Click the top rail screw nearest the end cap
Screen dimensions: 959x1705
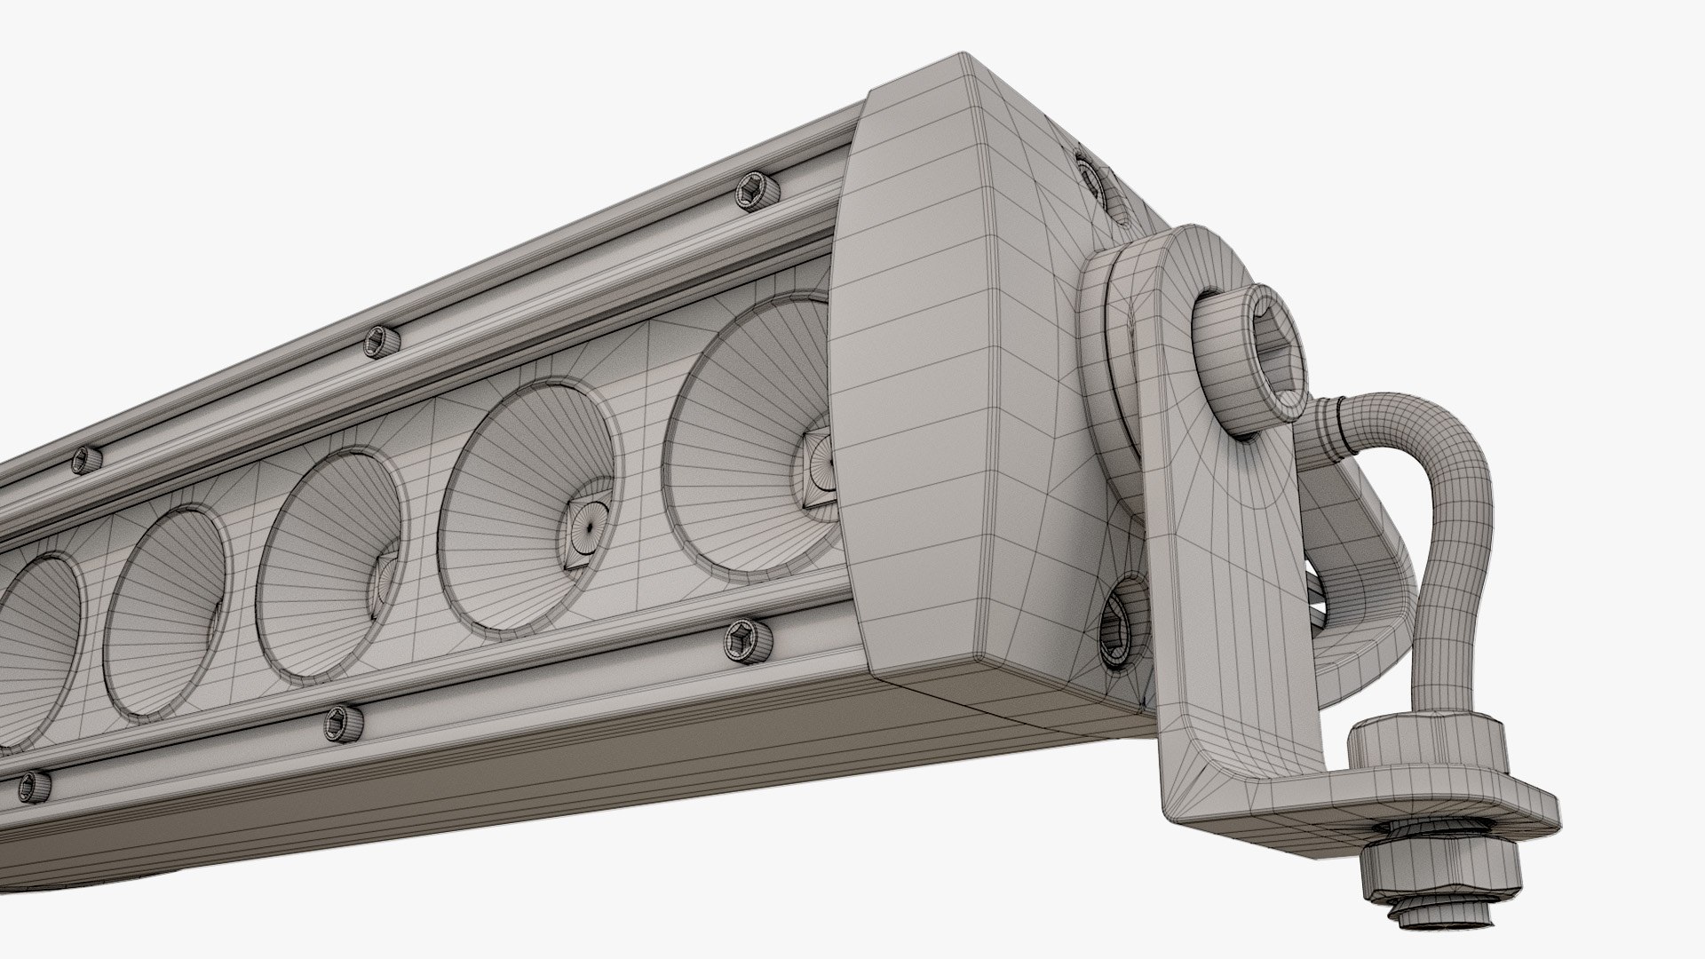pyautogui.click(x=756, y=192)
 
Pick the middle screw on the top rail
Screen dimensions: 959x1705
pyautogui.click(x=381, y=341)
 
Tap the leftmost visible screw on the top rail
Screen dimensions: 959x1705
pyautogui.click(x=86, y=459)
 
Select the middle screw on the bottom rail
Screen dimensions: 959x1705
pyautogui.click(x=342, y=723)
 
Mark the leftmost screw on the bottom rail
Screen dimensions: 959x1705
pyautogui.click(x=34, y=787)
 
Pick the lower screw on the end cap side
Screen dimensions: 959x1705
pyautogui.click(x=1121, y=622)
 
